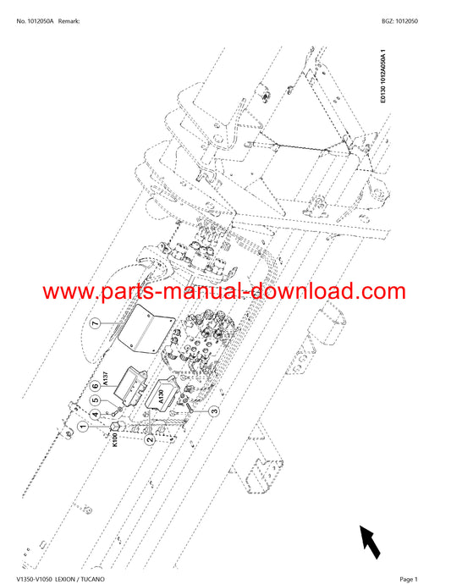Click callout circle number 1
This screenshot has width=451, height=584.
click(x=84, y=426)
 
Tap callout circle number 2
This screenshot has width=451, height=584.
click(x=150, y=439)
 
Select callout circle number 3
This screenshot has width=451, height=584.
click(x=215, y=411)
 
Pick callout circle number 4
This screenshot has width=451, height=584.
click(x=96, y=414)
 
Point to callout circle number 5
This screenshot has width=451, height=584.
click(x=96, y=400)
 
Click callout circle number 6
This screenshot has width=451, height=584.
click(x=96, y=386)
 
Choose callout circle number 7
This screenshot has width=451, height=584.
click(x=96, y=323)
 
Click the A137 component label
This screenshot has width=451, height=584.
click(x=106, y=378)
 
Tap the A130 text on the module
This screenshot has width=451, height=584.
click(x=161, y=396)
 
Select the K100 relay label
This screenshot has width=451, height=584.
click(x=115, y=439)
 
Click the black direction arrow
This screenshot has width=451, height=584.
click(x=370, y=542)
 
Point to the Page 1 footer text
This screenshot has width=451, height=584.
click(x=409, y=579)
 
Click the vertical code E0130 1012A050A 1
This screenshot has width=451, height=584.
click(x=383, y=76)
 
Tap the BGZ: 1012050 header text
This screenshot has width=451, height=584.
click(x=399, y=21)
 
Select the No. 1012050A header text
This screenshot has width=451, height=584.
click(x=35, y=21)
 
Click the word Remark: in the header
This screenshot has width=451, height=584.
click(x=69, y=21)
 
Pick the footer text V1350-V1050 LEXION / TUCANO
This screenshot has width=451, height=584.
click(x=60, y=579)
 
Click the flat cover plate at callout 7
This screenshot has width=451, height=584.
click(x=146, y=328)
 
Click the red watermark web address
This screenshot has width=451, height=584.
click(x=224, y=292)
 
